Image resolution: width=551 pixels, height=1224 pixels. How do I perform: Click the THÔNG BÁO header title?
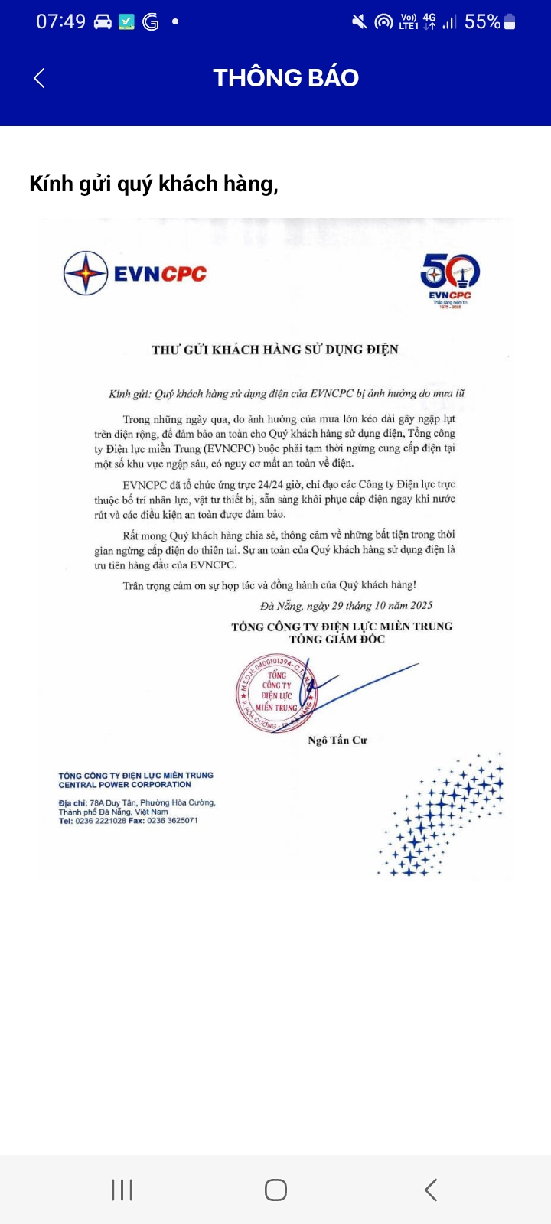pyautogui.click(x=285, y=77)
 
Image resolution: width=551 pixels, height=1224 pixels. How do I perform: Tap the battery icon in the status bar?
pyautogui.click(x=510, y=22)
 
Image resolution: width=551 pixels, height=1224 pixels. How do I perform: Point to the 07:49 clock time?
pyautogui.click(x=61, y=21)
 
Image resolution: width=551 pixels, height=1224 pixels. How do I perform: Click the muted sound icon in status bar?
pyautogui.click(x=359, y=22)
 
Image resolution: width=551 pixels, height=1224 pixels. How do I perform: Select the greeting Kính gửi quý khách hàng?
pyautogui.click(x=154, y=184)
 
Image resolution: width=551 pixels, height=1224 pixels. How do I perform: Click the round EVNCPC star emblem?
pyautogui.click(x=85, y=273)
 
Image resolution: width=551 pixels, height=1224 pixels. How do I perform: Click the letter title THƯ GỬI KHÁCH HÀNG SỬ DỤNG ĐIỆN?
pyautogui.click(x=275, y=350)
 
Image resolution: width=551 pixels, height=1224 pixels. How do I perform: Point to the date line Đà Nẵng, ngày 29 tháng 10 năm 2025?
pyautogui.click(x=346, y=605)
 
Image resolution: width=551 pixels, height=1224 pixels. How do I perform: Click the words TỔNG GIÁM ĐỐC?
pyautogui.click(x=337, y=640)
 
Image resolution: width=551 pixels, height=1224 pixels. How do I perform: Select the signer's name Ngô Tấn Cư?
pyautogui.click(x=337, y=740)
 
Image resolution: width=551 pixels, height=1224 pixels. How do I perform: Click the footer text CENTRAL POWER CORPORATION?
pyautogui.click(x=125, y=785)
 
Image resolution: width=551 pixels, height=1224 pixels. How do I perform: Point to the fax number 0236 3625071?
pyautogui.click(x=172, y=821)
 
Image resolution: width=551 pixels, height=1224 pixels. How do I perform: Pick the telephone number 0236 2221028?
pyautogui.click(x=100, y=821)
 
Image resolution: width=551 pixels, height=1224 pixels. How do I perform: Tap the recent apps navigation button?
pyautogui.click(x=122, y=1190)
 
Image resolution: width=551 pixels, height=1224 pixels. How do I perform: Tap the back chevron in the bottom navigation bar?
pyautogui.click(x=431, y=1190)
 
